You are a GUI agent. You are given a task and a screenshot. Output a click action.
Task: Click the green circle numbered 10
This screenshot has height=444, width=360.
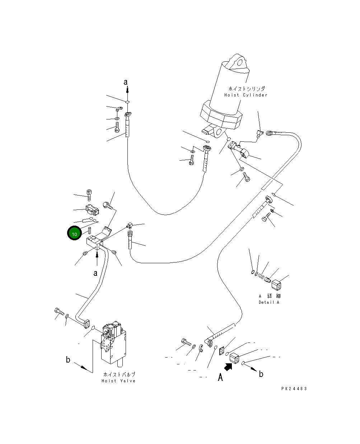coord(75,234)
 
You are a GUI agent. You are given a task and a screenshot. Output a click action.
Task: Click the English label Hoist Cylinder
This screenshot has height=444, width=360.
coord(246,95)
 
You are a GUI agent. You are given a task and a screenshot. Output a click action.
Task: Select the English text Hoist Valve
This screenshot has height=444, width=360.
coord(118,381)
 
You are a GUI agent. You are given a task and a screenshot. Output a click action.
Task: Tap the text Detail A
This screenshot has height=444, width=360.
coord(269,302)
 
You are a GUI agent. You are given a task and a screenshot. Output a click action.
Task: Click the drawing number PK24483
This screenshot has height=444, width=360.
coord(294,389)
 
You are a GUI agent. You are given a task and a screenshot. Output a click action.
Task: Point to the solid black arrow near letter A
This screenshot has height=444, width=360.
coord(228,367)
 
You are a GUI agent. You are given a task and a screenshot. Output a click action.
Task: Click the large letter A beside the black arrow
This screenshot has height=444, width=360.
coord(220,377)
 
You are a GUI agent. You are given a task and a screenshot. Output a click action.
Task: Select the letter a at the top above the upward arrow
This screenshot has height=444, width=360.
coord(126,82)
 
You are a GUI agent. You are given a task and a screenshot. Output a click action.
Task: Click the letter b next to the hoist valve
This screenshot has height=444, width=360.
coord(68,359)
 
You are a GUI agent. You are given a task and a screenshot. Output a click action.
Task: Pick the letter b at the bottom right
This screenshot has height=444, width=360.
coord(261,374)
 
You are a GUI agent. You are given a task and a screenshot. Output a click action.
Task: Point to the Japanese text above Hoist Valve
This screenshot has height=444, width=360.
coord(119,374)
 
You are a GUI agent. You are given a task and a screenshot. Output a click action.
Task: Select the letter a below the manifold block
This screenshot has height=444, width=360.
coord(95,273)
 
